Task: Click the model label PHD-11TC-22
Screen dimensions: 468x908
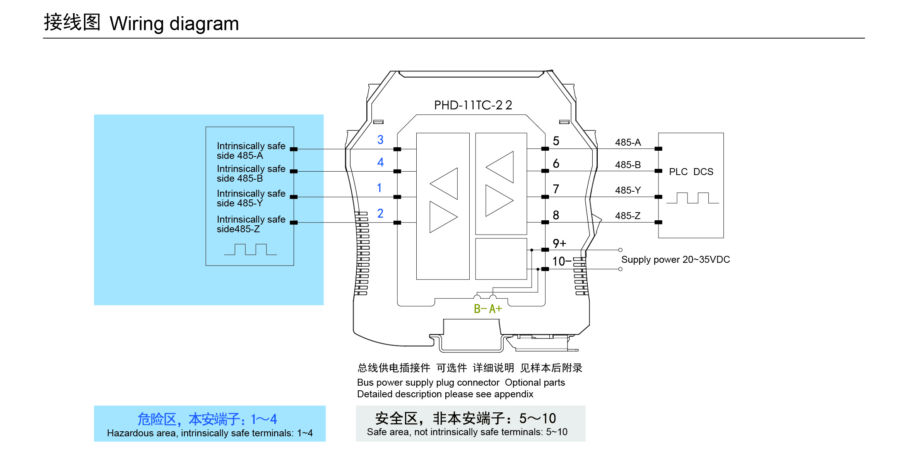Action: (x=473, y=105)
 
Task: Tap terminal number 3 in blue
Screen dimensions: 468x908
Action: (x=380, y=140)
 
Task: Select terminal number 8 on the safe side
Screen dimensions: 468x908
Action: (x=556, y=215)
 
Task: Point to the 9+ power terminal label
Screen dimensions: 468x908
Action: (x=559, y=243)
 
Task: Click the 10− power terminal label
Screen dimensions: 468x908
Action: (x=561, y=261)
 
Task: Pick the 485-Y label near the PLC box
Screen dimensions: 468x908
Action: (x=628, y=190)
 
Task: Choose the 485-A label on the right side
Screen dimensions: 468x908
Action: (x=628, y=142)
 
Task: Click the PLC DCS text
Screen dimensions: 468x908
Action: (x=691, y=172)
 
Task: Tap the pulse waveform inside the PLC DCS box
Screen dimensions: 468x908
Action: (x=693, y=198)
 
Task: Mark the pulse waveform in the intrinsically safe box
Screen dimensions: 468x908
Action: (x=250, y=249)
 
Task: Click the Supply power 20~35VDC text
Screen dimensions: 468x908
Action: (x=675, y=259)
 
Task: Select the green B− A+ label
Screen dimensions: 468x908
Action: (x=487, y=309)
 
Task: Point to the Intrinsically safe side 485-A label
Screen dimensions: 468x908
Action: (x=251, y=151)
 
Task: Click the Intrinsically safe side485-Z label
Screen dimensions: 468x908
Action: (x=251, y=224)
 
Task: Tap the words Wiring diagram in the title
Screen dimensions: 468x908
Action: (x=174, y=24)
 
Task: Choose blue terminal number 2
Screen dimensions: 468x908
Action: (x=380, y=213)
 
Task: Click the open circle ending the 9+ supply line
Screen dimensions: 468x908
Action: (x=620, y=250)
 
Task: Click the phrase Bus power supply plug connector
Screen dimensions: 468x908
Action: (x=428, y=383)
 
